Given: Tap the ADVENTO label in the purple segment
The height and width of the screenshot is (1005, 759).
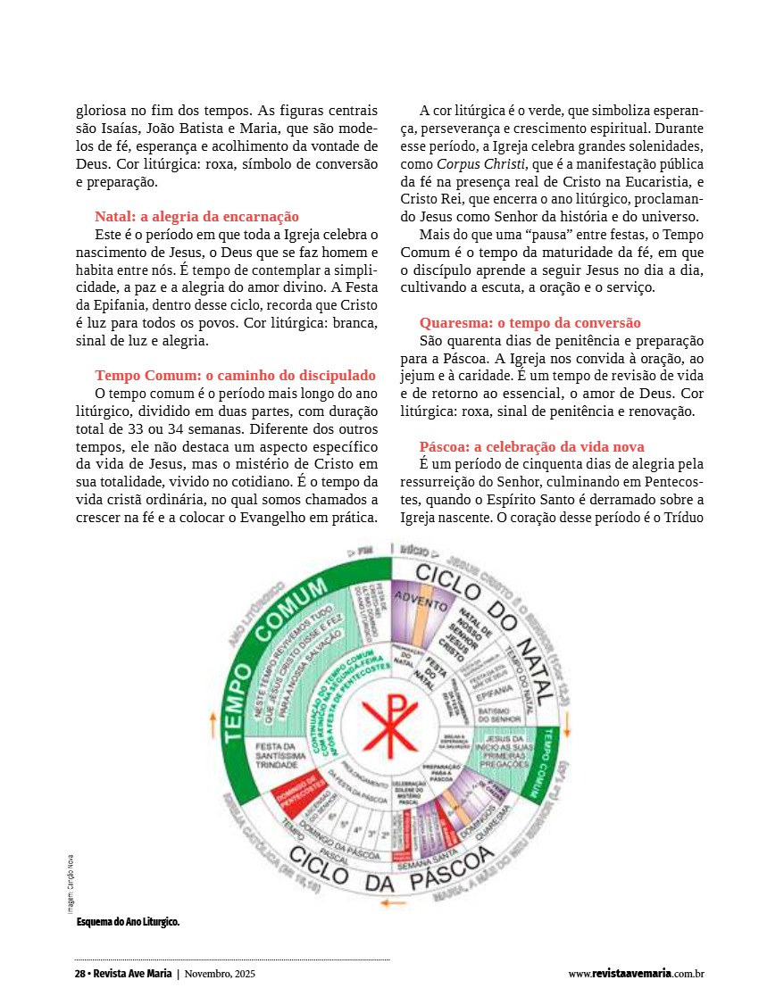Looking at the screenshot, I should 421,600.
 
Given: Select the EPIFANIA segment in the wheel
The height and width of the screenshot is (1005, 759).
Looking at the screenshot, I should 495,690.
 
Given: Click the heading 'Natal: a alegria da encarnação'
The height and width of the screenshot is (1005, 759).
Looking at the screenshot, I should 196,217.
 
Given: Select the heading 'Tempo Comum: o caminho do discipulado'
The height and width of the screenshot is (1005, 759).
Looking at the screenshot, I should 235,376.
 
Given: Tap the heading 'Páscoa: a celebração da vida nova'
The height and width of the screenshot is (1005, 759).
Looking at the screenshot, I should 531,446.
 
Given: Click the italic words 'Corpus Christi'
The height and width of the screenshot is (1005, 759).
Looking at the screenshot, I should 468,164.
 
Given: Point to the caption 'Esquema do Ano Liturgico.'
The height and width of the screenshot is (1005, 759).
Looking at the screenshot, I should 128,921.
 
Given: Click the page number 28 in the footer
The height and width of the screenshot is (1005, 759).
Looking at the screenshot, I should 79,974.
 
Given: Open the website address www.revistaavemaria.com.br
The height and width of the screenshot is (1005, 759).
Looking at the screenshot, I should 636,974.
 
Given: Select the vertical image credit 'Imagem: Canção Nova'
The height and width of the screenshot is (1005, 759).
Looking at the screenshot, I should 71,884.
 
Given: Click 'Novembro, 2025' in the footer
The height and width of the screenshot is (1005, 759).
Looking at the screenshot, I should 219,974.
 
